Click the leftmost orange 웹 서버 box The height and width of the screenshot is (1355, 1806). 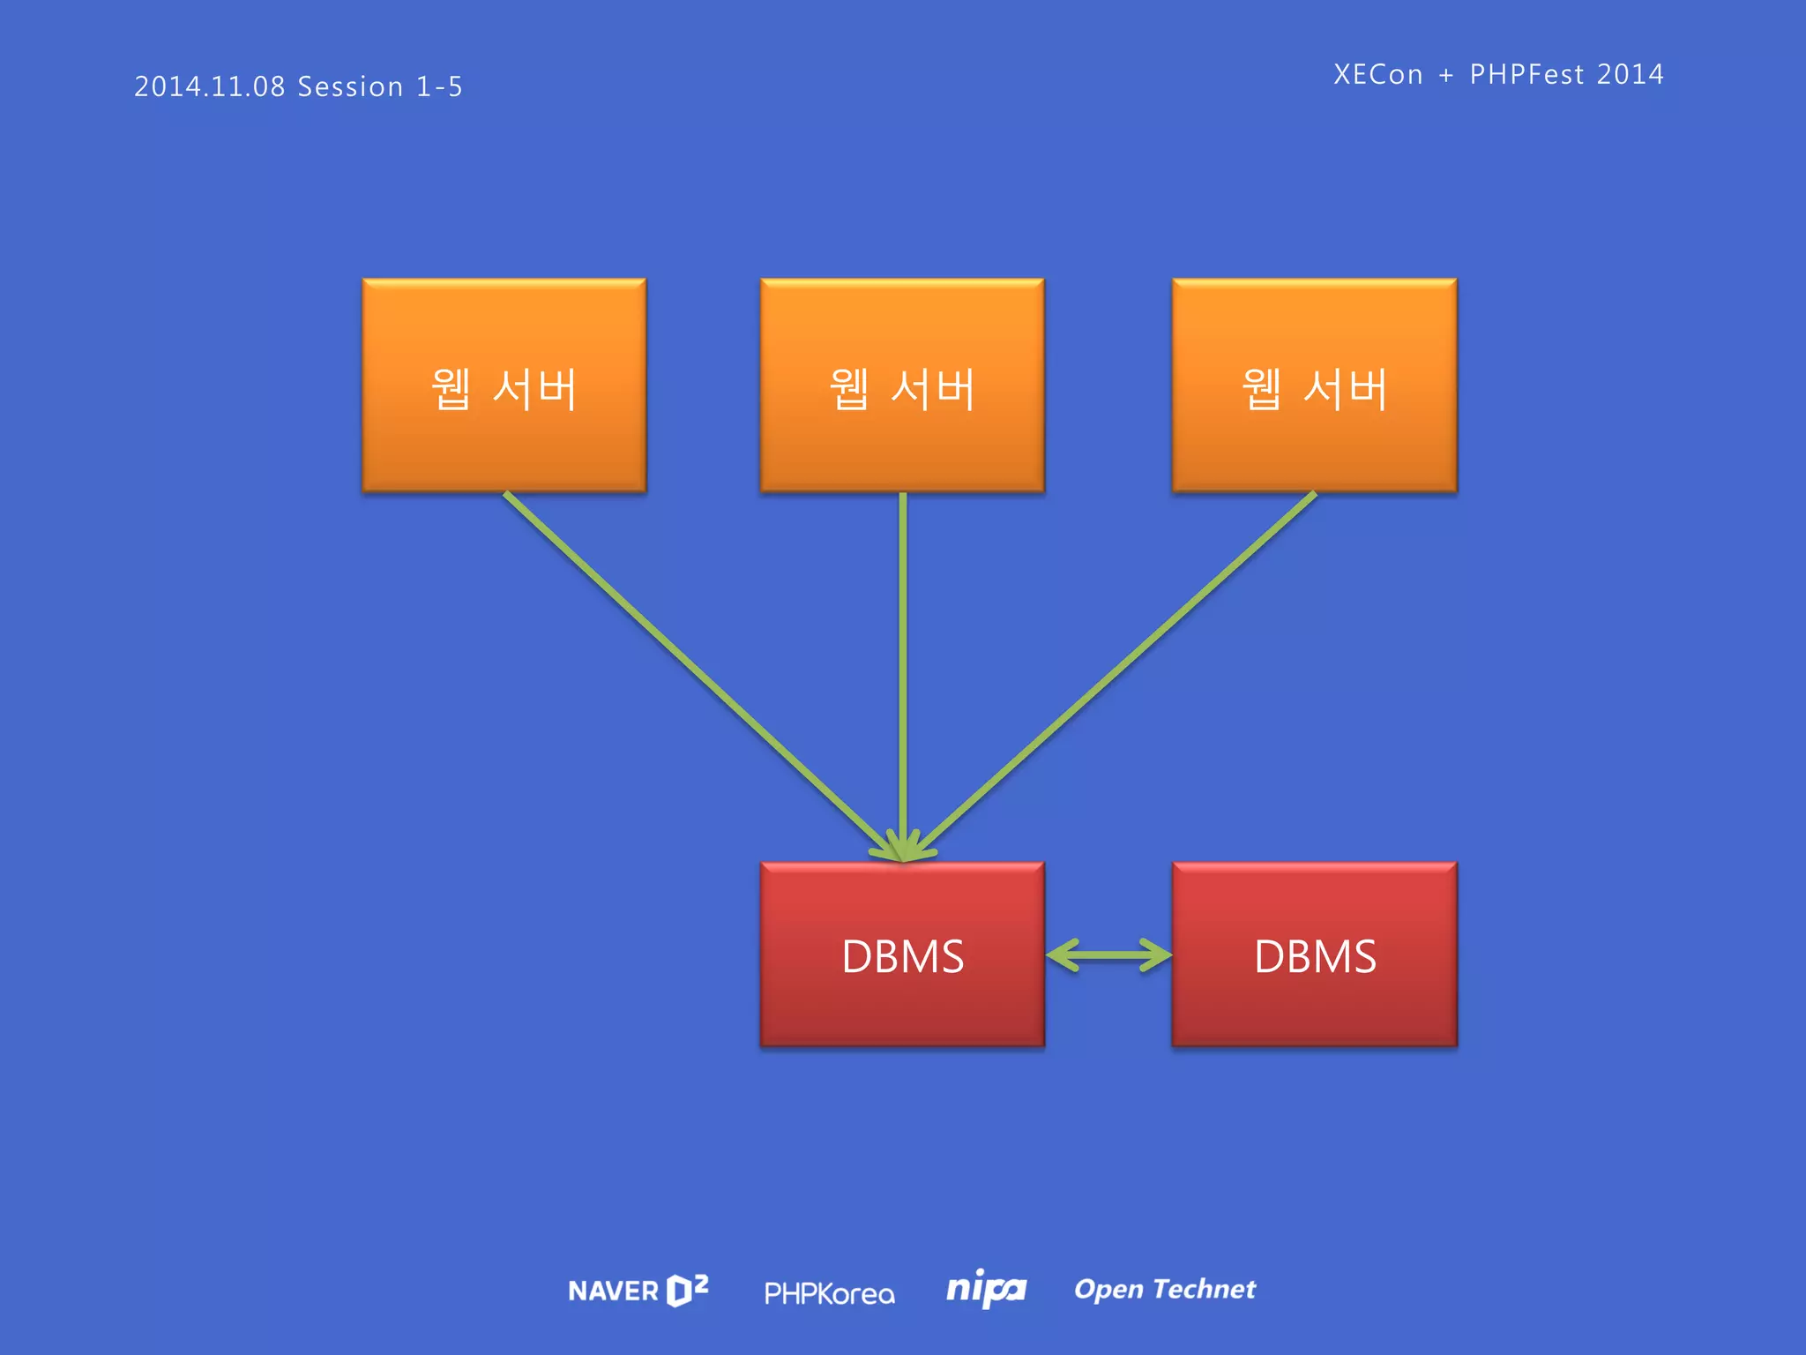pos(504,386)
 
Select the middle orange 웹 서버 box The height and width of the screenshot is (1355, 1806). pos(902,386)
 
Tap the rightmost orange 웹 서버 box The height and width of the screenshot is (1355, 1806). pos(1314,386)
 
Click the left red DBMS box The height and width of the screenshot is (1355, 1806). pos(902,954)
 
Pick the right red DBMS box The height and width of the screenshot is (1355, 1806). pos(1314,954)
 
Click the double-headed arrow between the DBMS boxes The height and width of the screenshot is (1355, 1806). pos(1108,954)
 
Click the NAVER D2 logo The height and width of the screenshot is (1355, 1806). pos(638,1291)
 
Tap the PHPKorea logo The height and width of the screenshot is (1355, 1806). pos(829,1293)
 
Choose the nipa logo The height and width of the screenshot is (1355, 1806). pos(986,1290)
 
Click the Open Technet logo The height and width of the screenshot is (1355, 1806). pos(1164,1290)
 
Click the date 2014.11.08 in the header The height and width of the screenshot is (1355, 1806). pos(210,86)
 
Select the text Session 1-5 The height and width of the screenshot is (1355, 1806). pos(380,86)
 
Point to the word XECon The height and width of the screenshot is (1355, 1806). pos(1378,74)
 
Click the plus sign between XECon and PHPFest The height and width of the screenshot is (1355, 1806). pos(1446,75)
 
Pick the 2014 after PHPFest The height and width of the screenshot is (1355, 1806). pos(1630,74)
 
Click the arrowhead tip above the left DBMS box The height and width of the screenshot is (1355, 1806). pos(902,858)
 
